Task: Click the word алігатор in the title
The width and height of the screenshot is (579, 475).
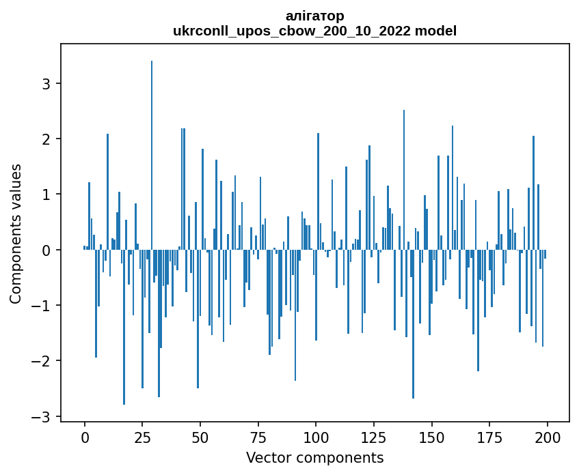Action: click(x=314, y=16)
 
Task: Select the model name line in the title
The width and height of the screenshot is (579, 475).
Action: click(x=314, y=31)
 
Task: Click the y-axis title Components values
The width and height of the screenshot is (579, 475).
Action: click(x=16, y=233)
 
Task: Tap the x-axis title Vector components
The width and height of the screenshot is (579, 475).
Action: click(x=314, y=457)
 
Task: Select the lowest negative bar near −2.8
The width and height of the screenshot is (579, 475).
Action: click(x=124, y=328)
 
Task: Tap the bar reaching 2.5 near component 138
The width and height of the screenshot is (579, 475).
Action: click(x=404, y=180)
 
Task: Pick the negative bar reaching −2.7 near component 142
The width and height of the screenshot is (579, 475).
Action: click(x=413, y=324)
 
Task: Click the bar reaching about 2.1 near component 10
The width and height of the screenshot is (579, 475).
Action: click(x=107, y=192)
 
